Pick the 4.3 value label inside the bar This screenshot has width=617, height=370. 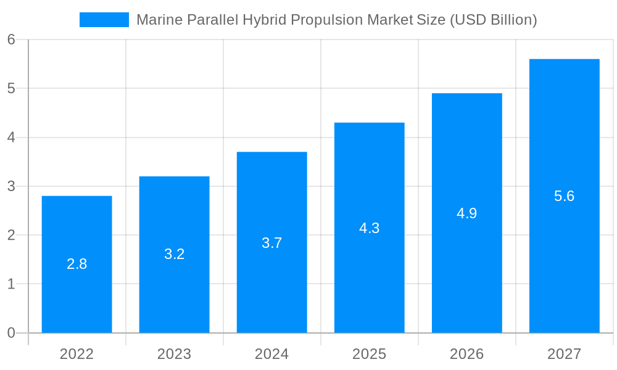[369, 228]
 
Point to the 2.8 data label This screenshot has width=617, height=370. [77, 264]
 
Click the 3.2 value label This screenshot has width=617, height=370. [174, 254]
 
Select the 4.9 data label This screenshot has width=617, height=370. [466, 213]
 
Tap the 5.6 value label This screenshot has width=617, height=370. [564, 196]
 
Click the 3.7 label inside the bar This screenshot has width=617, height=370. [271, 243]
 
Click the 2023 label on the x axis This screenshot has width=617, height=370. [174, 354]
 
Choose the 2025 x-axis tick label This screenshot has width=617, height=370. [369, 354]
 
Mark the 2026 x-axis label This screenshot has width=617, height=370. [466, 354]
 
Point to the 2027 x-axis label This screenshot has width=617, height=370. [564, 354]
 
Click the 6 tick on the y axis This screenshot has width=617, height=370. [11, 39]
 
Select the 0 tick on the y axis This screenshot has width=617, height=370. [11, 333]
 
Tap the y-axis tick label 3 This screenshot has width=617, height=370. [11, 186]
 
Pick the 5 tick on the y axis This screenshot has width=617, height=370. [11, 88]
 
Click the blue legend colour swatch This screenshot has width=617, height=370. [104, 20]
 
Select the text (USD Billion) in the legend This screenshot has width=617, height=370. [493, 20]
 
